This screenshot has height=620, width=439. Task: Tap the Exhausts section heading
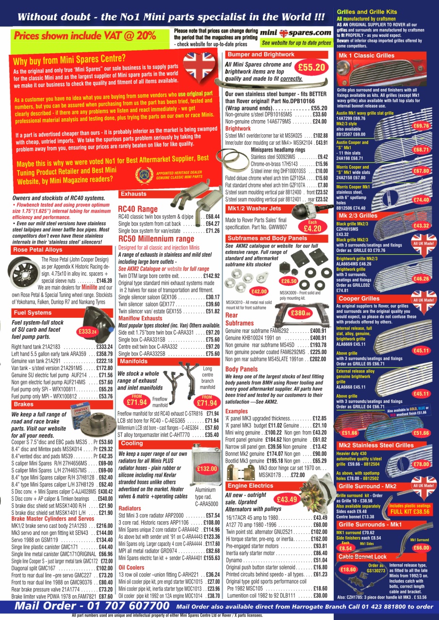pyautogui.click(x=133, y=194)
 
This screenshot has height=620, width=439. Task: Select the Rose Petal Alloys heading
pyautogui.click(x=38, y=250)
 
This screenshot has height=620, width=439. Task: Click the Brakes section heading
pyautogui.click(x=24, y=404)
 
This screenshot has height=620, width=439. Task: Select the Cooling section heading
pyautogui.click(x=132, y=443)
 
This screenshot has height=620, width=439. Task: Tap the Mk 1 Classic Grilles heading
pyautogui.click(x=366, y=56)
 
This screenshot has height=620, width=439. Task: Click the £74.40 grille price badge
pyautogui.click(x=421, y=200)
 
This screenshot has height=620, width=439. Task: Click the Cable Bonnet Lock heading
pyautogui.click(x=362, y=557)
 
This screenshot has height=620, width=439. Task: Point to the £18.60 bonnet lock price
pyautogui.click(x=349, y=569)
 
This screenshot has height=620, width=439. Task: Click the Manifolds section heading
pyautogui.click(x=133, y=361)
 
